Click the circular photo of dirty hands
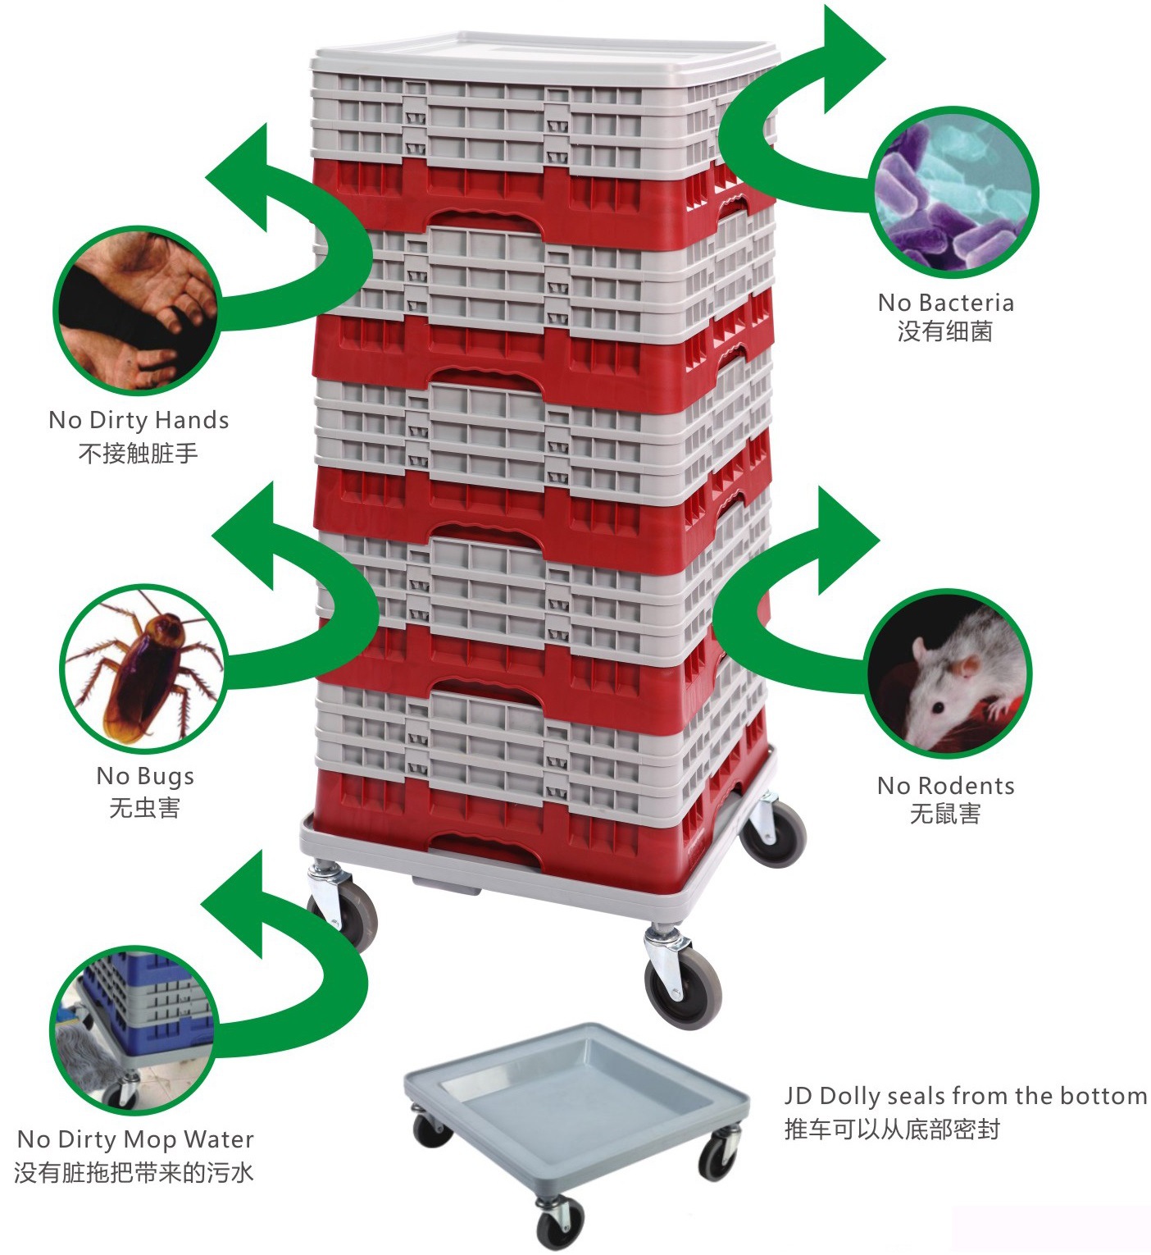[137, 311]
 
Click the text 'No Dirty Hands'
[139, 420]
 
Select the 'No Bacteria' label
[945, 303]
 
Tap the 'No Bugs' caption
[145, 776]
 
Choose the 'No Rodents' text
[945, 786]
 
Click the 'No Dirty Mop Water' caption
[135, 1139]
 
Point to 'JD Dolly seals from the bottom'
[965, 1096]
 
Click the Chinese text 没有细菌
[944, 331]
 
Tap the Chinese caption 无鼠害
[944, 814]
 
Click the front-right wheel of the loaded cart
[682, 983]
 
